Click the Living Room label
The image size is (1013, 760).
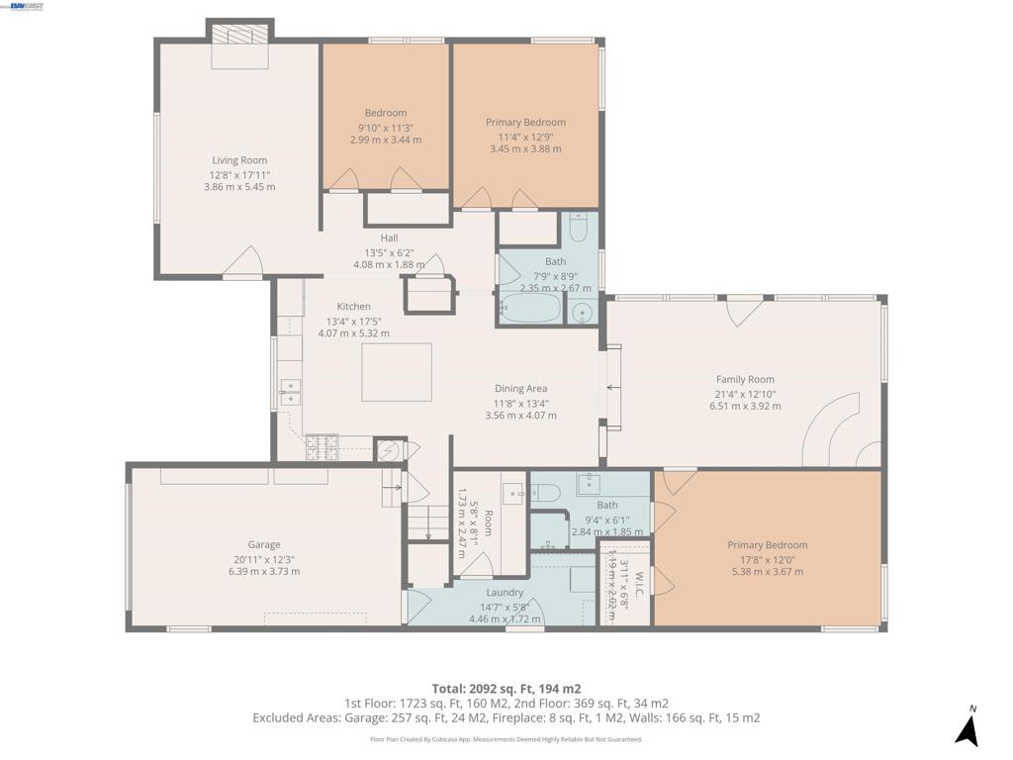239,160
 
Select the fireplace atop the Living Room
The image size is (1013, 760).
239,46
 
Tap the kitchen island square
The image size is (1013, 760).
396,371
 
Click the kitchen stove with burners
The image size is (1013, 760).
322,448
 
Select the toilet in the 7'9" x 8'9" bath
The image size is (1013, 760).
580,229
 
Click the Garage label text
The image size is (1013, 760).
264,544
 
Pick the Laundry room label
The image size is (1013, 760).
505,593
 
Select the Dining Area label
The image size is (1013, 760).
520,389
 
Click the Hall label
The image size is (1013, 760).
389,237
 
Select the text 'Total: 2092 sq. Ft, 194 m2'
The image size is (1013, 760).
506,689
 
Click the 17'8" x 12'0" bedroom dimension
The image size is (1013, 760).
767,558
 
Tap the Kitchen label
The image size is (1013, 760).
353,307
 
